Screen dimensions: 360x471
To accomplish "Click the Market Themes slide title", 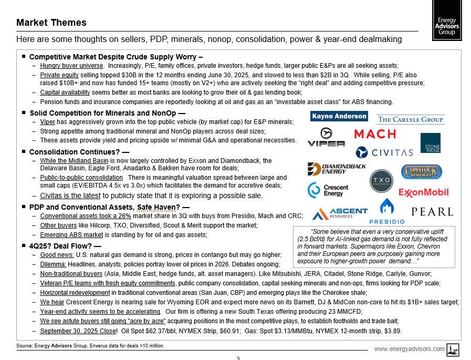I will coord(51,23).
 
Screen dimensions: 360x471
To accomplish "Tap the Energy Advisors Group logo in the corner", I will coord(448,20).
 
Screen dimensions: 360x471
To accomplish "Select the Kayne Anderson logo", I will coord(339,116).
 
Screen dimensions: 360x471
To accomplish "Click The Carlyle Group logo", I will coord(411,119).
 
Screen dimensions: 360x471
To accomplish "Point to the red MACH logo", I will coord(375,134).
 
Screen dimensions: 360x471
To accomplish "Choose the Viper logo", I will coord(326,138).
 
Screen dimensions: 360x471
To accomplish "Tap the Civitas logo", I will coord(384,152).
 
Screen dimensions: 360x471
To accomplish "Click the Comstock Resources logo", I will coord(422,171).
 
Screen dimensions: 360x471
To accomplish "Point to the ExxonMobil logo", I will coord(424,192).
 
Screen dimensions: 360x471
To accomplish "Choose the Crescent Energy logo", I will coord(326,190).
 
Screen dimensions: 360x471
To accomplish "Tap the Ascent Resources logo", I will coord(340,213).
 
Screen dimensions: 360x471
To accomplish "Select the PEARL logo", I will coord(432,212).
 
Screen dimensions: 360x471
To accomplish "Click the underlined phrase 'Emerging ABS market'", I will coord(71,234).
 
